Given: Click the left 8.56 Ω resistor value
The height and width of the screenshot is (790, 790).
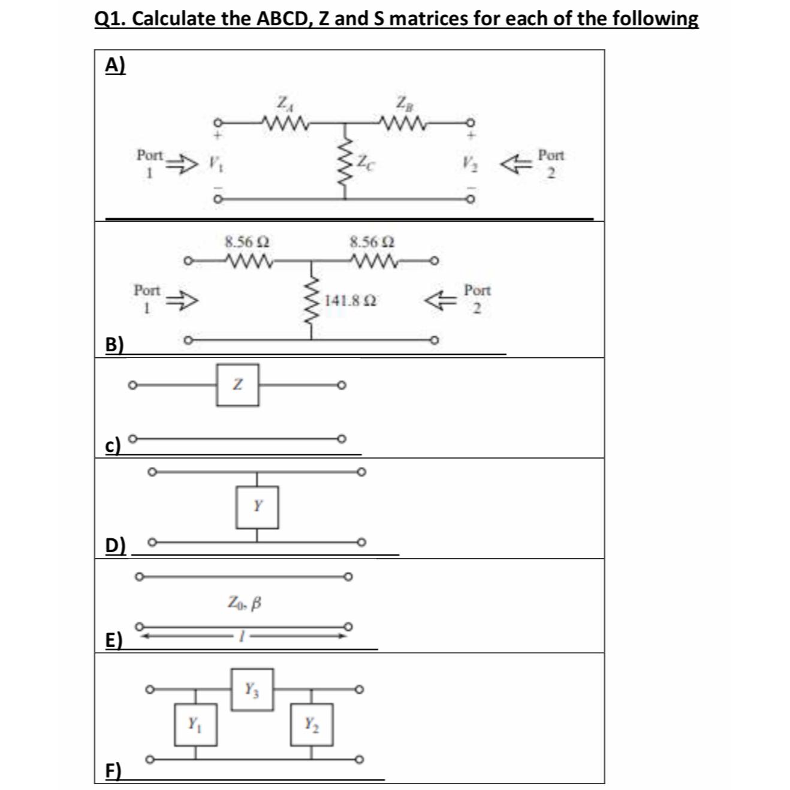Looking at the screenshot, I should pos(246,242).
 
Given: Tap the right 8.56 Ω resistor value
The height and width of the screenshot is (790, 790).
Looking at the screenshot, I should pos(372,242).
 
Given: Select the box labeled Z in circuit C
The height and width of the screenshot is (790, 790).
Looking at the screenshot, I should pos(238,384).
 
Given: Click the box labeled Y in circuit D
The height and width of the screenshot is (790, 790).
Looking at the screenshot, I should pos(257,506).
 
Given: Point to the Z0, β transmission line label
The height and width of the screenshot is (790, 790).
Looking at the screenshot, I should pos(245,601).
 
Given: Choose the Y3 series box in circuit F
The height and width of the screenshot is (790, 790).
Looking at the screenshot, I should pos(252,689).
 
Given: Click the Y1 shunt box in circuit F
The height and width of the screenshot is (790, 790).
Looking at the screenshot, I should pos(195,725).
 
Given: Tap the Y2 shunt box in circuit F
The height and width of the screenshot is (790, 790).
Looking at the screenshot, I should pos(312,725).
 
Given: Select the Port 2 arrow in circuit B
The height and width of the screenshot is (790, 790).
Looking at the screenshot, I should pos(438,298).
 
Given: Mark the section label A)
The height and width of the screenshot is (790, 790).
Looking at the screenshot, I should pos(116,65).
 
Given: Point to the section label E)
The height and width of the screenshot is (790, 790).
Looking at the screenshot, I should pos(113,640).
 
